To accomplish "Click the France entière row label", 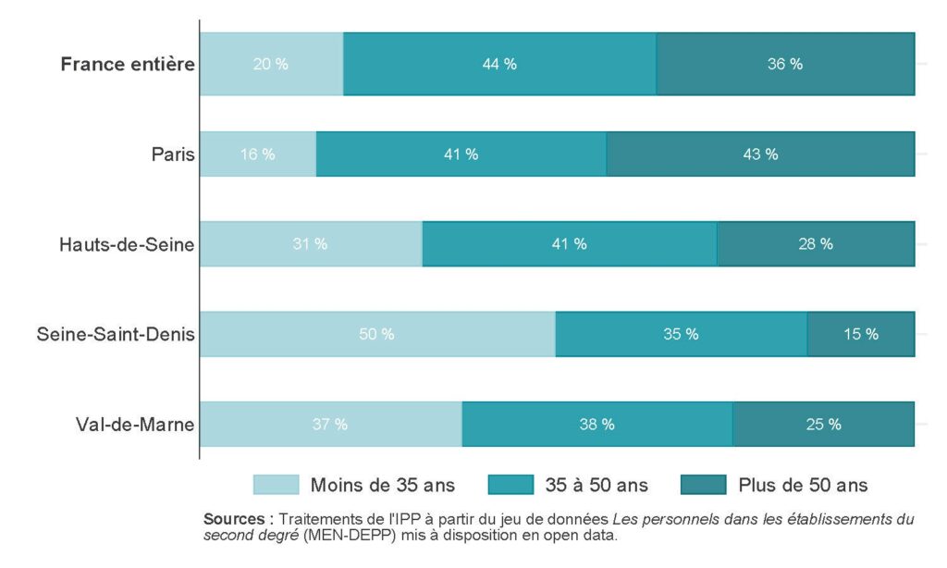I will point(128,64).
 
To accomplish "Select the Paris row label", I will point(173,154).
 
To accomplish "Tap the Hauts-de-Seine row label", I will point(127,244).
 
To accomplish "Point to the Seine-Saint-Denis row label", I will point(116,334).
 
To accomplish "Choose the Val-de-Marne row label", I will point(135,425).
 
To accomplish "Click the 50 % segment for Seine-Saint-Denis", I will point(377,334).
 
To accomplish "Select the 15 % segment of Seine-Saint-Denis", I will point(860,334).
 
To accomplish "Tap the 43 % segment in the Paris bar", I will point(760,154).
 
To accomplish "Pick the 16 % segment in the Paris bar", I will point(258,154).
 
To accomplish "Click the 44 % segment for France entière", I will point(499,64).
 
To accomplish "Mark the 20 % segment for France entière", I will point(271,64).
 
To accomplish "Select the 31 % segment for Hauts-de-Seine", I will point(311,244).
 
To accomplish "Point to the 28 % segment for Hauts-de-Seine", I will point(816,244).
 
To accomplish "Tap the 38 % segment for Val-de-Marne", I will point(596,425).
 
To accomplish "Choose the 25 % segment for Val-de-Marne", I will point(823,425).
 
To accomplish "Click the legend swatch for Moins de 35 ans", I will point(276,485).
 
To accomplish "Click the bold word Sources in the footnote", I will point(236,520).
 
